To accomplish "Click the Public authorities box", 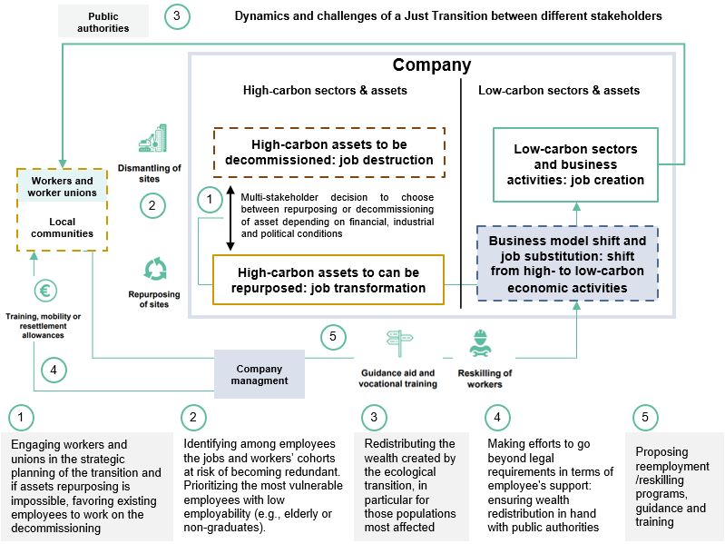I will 103,22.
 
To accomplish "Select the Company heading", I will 431,65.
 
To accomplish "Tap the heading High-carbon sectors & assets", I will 325,91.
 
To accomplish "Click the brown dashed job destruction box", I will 328,152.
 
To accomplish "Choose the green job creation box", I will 575,164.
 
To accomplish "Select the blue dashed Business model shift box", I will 567,264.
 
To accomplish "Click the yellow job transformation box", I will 328,279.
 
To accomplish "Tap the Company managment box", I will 259,374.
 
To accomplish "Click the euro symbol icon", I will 46,292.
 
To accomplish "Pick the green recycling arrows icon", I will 155,269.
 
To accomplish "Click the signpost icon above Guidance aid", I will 398,343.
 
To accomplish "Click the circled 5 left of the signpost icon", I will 334,337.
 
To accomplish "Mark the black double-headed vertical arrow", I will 230,219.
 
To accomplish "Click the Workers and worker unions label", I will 61,186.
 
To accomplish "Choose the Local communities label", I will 62,227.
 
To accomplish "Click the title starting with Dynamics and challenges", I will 448,16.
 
